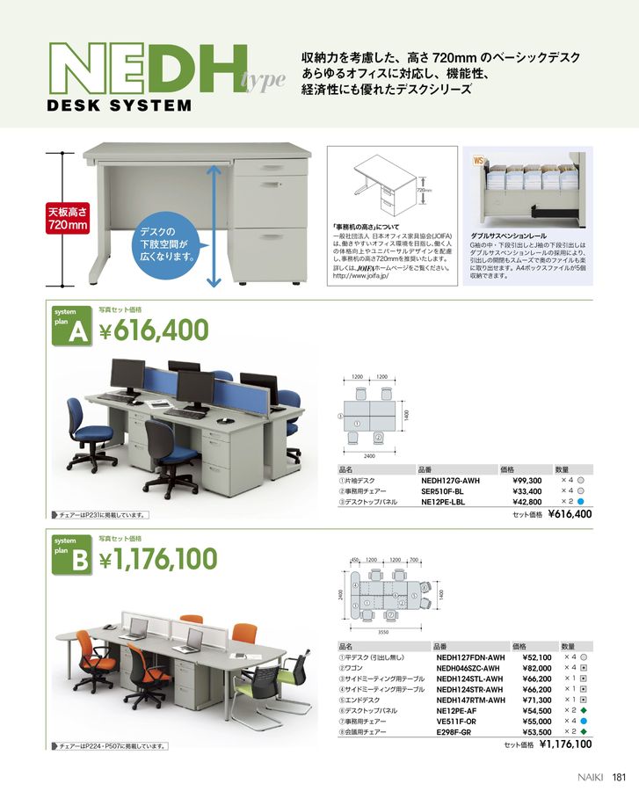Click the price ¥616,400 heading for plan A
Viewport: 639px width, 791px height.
[x=154, y=330]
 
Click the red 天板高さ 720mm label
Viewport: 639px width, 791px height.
[x=68, y=219]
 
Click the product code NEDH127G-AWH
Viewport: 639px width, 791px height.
[x=452, y=481]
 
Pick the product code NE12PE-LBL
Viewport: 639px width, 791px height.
[x=447, y=502]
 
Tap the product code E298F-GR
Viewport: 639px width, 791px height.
[x=456, y=731]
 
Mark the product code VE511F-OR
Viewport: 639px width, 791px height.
[x=458, y=721]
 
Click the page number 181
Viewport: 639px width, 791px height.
[x=619, y=775]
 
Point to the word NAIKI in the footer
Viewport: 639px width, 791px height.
[x=592, y=775]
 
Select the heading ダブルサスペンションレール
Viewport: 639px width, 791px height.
[x=509, y=236]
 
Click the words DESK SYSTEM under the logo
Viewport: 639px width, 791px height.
[x=118, y=106]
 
